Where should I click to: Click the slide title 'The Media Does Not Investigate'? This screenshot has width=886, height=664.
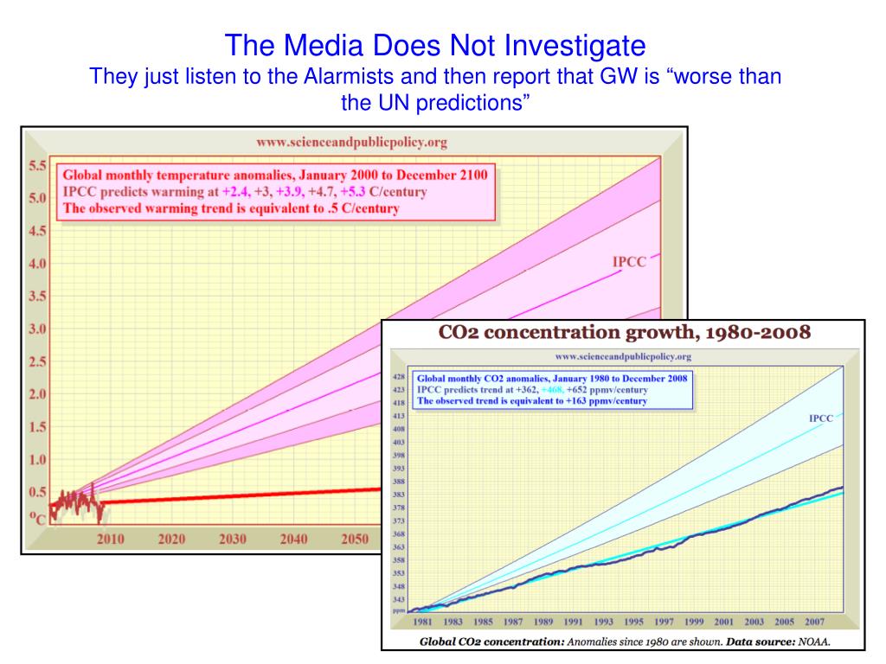[437, 42]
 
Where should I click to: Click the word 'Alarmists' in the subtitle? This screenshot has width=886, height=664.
[345, 76]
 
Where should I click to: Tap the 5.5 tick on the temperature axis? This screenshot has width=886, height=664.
[36, 164]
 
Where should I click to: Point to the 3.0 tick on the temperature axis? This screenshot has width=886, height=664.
[36, 329]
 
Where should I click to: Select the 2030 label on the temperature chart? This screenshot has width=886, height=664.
[233, 539]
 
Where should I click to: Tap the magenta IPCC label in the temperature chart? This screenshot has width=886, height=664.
[629, 262]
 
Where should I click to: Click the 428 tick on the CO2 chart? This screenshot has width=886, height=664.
[399, 378]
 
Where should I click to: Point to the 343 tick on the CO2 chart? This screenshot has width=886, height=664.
[399, 599]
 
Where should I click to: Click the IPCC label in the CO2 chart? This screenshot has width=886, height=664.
[820, 418]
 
